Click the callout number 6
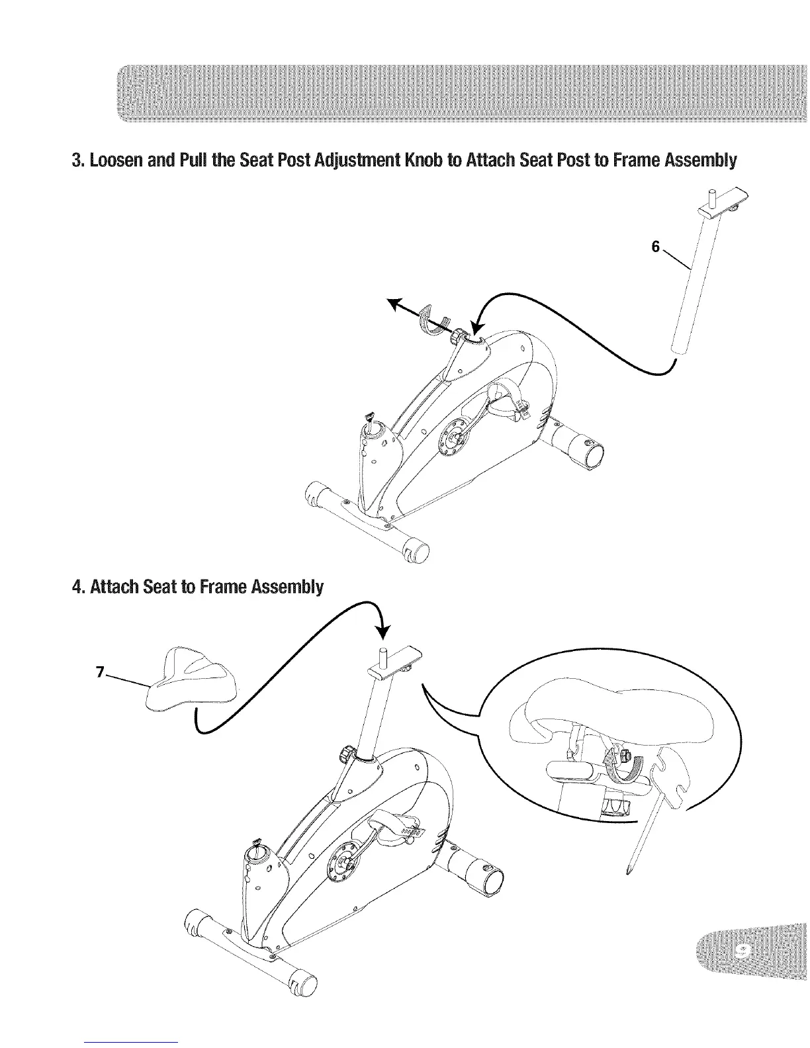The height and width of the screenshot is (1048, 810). tap(655, 246)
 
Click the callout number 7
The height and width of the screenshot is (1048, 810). tap(99, 672)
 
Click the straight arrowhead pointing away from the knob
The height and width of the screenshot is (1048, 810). tap(395, 303)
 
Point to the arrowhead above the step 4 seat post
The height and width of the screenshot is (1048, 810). tap(382, 631)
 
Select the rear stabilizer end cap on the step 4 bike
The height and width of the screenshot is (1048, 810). tap(492, 881)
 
